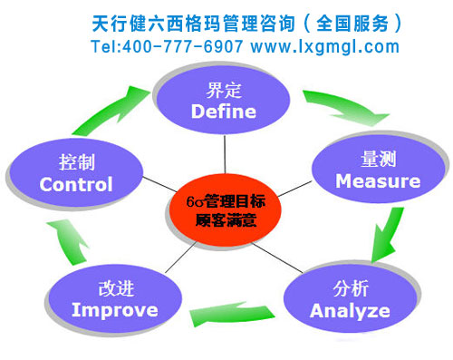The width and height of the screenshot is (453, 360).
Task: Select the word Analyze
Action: coord(350,311)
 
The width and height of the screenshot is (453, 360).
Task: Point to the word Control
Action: coord(76,184)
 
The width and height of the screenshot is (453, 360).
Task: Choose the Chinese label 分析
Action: coord(351,289)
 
